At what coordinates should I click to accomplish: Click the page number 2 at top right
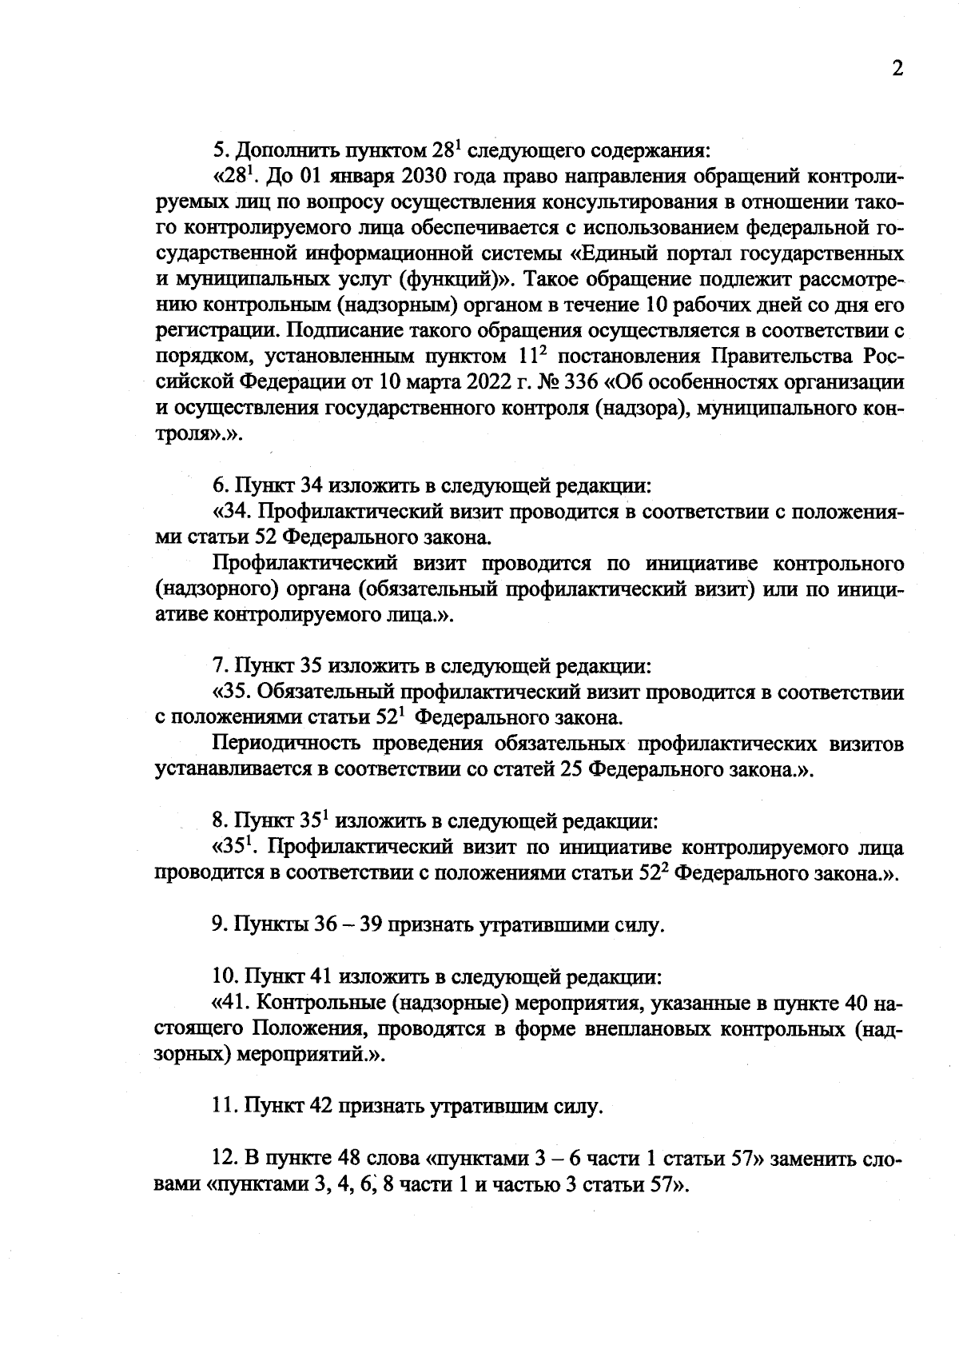[897, 69]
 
